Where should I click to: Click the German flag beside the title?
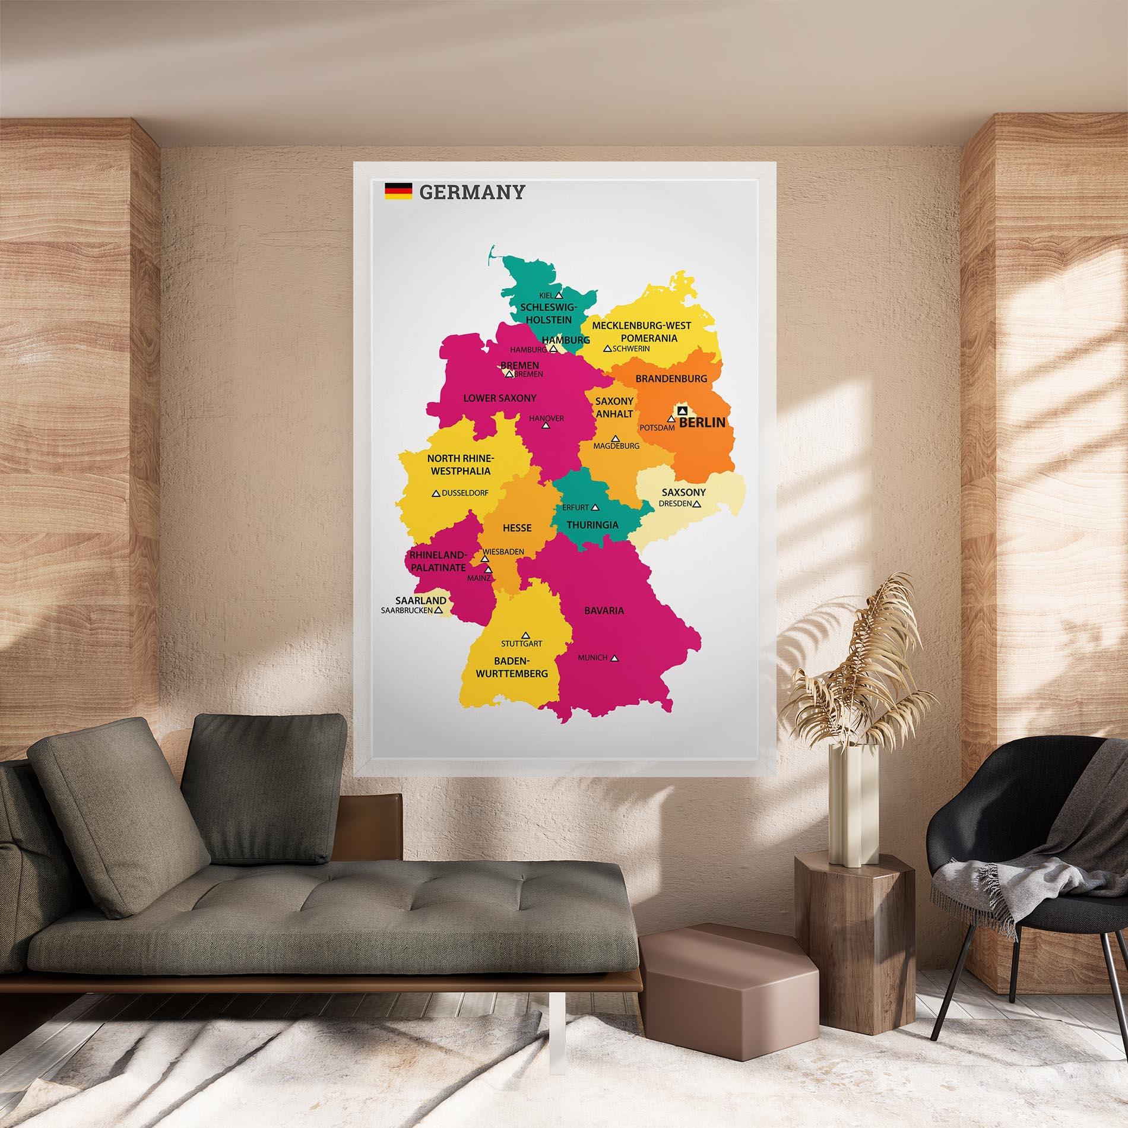(398, 191)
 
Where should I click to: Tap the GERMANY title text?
(472, 192)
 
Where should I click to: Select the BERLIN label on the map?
(702, 422)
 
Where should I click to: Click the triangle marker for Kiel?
(559, 294)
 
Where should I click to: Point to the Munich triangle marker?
(615, 658)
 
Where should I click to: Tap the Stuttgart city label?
(521, 643)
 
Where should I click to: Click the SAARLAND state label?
(420, 600)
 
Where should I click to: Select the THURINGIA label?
(592, 525)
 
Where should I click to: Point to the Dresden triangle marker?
(697, 504)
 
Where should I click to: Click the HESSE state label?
(517, 528)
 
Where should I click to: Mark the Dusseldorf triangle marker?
(436, 493)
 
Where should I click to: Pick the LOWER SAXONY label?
(500, 398)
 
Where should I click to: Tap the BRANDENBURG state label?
(671, 378)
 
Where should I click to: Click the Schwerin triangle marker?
(607, 349)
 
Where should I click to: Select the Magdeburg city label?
(616, 445)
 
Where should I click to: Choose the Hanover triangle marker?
(546, 426)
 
